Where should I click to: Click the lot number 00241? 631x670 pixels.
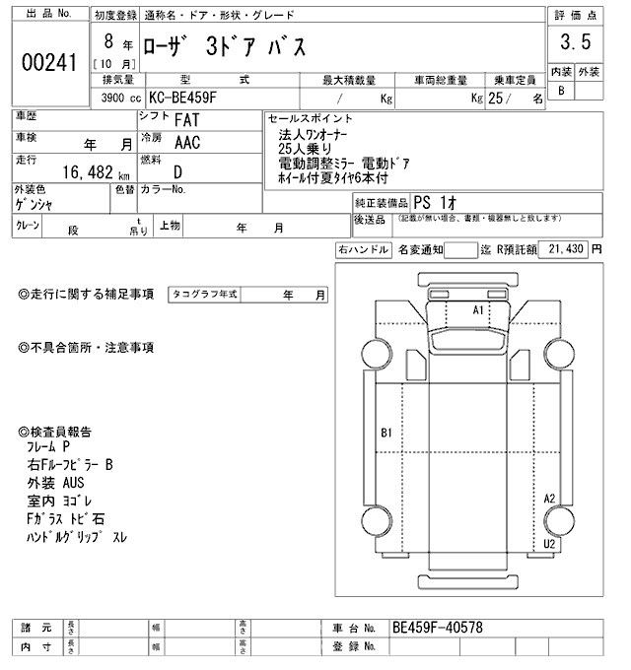[48, 61]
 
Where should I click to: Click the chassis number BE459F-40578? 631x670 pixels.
[437, 627]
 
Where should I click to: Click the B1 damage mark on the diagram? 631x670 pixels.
[386, 433]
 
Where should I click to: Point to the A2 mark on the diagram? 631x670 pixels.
[550, 499]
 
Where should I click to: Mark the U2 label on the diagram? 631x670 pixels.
[550, 543]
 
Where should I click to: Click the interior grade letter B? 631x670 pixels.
[562, 91]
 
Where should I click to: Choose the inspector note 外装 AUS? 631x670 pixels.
[58, 483]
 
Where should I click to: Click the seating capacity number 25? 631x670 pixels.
[500, 100]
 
